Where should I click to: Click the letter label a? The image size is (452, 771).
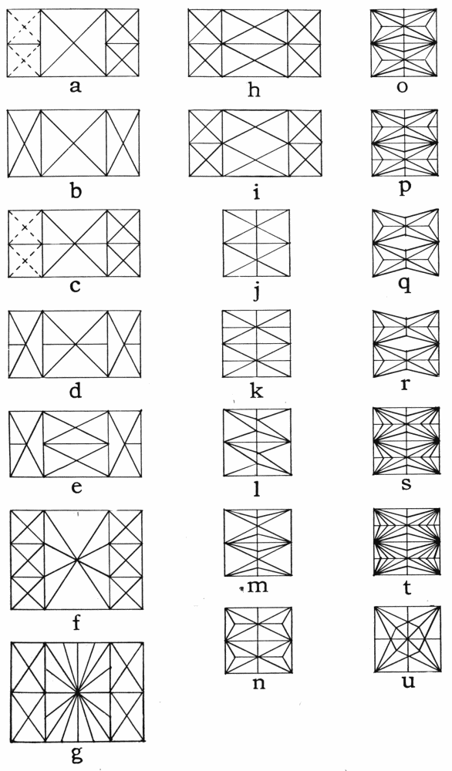click(75, 86)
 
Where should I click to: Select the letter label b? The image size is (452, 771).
click(75, 190)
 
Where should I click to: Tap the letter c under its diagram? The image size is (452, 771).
click(75, 286)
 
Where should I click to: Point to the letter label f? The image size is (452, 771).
click(76, 622)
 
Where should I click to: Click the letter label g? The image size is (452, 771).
click(77, 754)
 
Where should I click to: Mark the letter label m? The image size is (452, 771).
click(258, 586)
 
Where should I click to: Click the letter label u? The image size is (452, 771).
click(408, 682)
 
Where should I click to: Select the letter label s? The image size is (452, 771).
click(406, 484)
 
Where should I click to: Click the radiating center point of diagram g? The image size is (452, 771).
click(77, 692)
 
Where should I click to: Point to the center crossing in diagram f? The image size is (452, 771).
click(76, 560)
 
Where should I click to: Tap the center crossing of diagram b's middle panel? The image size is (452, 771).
click(74, 143)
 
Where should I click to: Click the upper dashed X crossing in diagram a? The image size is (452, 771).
click(23, 26)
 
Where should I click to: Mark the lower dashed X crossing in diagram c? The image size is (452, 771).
click(25, 261)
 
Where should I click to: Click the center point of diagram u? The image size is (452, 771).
click(407, 639)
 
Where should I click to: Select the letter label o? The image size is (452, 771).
click(402, 86)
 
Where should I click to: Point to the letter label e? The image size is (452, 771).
click(76, 487)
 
